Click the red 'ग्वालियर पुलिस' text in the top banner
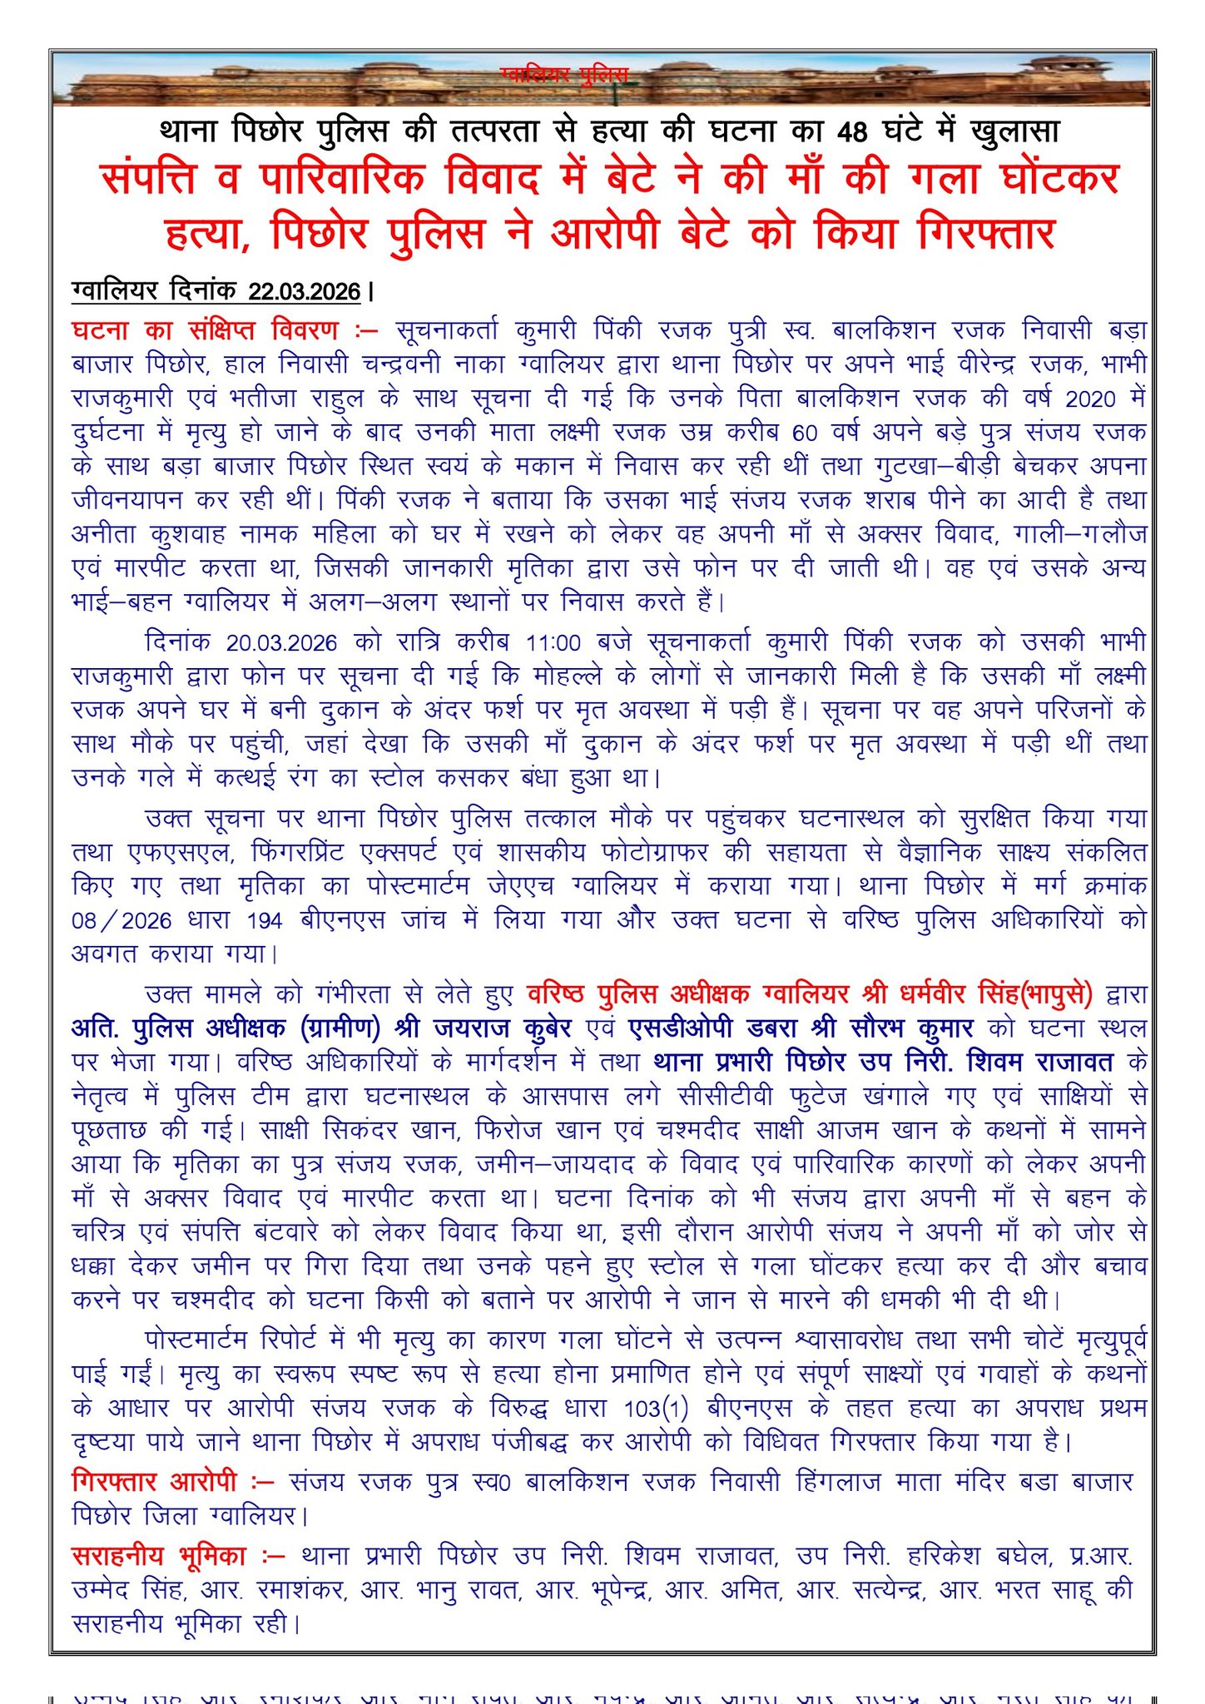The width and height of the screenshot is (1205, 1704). point(564,76)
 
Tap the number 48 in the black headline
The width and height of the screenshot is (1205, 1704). point(851,131)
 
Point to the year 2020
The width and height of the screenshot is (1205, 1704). point(1090,399)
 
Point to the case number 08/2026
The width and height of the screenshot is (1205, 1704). point(121,920)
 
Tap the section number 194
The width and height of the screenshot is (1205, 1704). point(265,920)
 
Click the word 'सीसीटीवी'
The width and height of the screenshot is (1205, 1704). point(727,1097)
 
